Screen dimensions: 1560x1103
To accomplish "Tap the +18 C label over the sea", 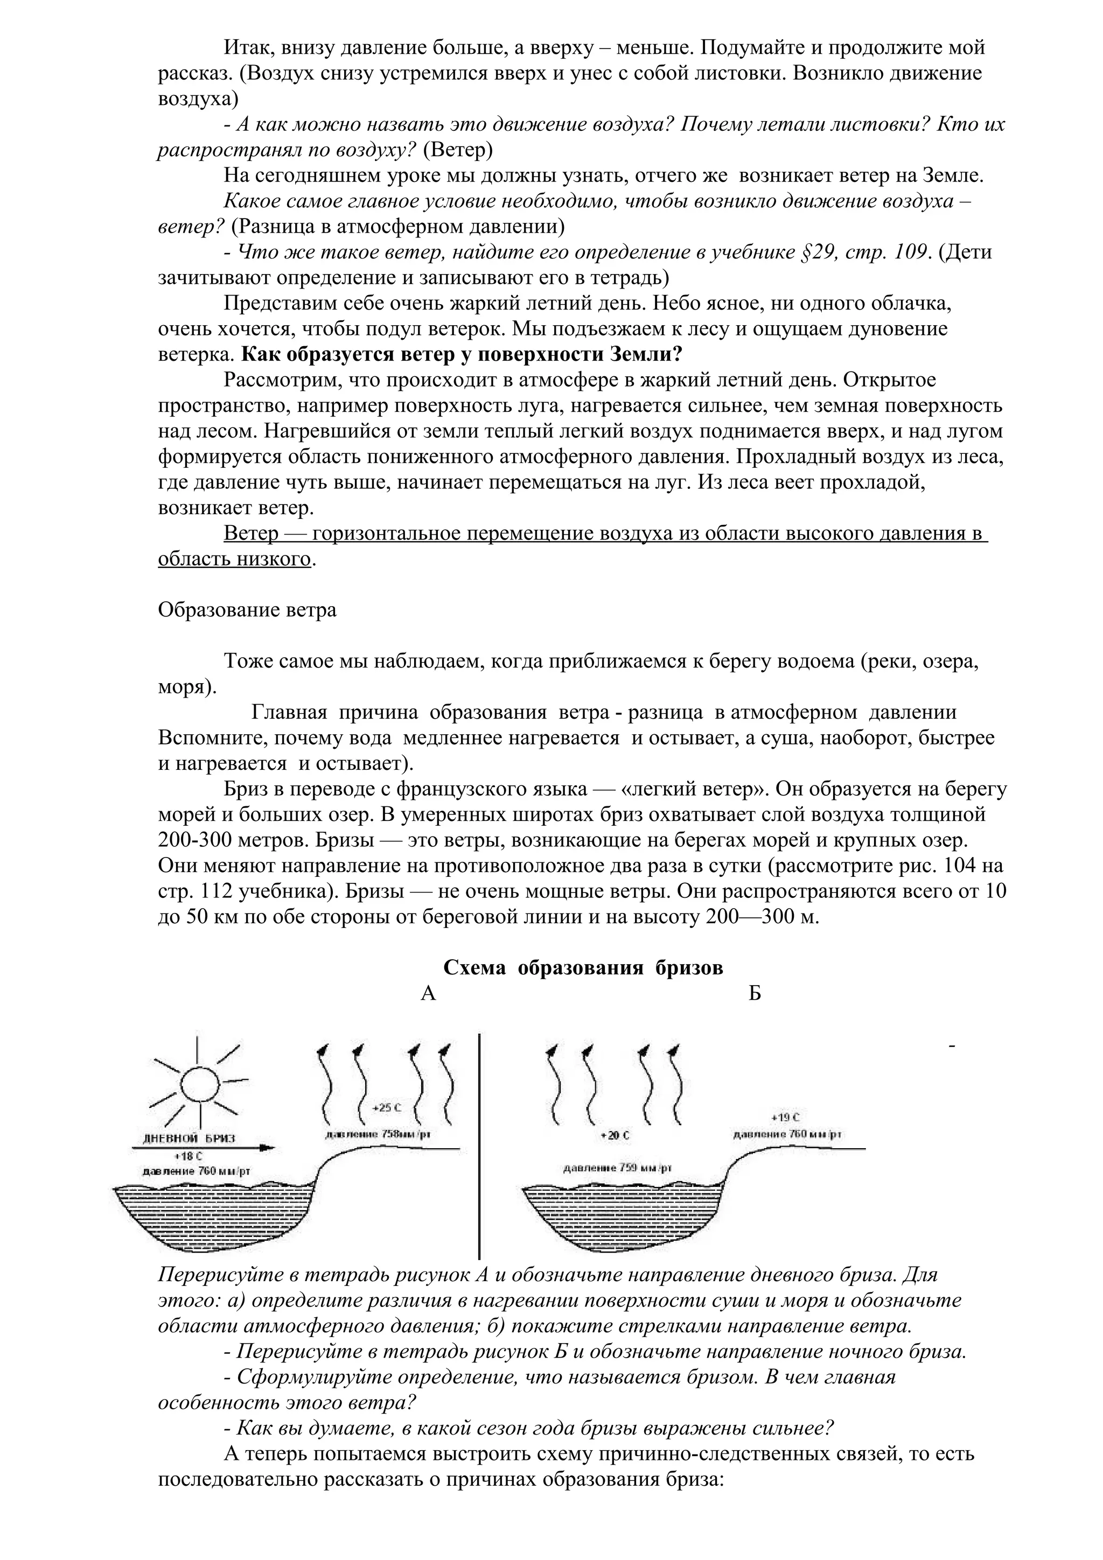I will click(189, 1155).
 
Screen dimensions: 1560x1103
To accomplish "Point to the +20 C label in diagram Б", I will click(615, 1135).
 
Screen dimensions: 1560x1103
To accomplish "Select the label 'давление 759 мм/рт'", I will click(617, 1168).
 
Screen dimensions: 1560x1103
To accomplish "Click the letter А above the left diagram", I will click(428, 994).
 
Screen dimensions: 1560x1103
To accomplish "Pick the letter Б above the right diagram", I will click(755, 994).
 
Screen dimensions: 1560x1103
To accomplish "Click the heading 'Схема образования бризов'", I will click(583, 968).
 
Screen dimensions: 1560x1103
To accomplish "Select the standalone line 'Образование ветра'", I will click(247, 609).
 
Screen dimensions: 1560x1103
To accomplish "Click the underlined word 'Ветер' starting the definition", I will click(251, 533).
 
